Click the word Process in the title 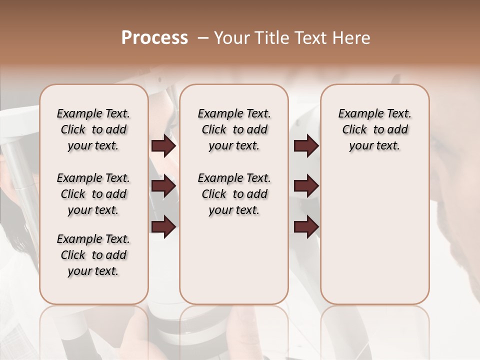[x=154, y=38]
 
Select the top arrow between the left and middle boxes [x=163, y=146]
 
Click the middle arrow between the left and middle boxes [x=163, y=186]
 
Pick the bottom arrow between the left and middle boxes [x=163, y=226]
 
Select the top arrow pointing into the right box [x=306, y=146]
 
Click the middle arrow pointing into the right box [x=306, y=186]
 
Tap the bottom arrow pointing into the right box [x=306, y=226]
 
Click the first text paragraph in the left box [x=93, y=129]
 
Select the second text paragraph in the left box [x=93, y=194]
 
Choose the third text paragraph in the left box [x=93, y=255]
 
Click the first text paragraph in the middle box [x=234, y=129]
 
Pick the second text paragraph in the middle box [x=234, y=194]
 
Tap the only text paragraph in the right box [x=375, y=129]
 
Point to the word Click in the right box [x=354, y=130]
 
